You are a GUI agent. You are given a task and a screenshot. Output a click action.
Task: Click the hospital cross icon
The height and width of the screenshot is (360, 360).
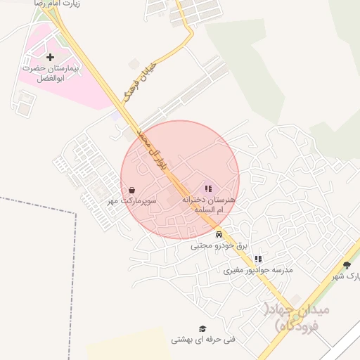click(x=49, y=57)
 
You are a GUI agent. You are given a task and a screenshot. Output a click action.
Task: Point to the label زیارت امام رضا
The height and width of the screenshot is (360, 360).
click(x=56, y=4)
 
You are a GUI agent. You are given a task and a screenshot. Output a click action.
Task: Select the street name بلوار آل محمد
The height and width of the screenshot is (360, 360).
click(x=153, y=148)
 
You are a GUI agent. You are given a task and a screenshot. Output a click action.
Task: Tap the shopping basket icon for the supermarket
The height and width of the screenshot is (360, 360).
click(x=132, y=190)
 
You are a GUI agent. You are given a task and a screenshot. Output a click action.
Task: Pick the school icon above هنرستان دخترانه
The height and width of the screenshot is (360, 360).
click(x=207, y=188)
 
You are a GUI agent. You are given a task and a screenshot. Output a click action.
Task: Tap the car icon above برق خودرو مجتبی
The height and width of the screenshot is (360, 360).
click(x=219, y=234)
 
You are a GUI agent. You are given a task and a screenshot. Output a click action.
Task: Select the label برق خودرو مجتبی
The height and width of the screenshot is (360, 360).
click(x=219, y=245)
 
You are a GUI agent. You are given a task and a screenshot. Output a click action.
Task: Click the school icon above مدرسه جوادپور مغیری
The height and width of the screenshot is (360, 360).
click(x=257, y=259)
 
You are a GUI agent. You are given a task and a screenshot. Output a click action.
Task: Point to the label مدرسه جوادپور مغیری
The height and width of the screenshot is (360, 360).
click(x=258, y=270)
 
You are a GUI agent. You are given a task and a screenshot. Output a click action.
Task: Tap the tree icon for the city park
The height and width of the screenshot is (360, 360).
click(x=347, y=265)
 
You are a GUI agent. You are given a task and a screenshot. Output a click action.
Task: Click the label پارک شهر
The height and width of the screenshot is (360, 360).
click(x=347, y=276)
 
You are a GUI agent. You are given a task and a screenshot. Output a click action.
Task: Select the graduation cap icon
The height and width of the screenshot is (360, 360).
click(x=202, y=328)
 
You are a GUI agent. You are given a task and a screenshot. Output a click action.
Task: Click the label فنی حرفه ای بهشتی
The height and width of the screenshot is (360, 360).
click(x=204, y=340)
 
